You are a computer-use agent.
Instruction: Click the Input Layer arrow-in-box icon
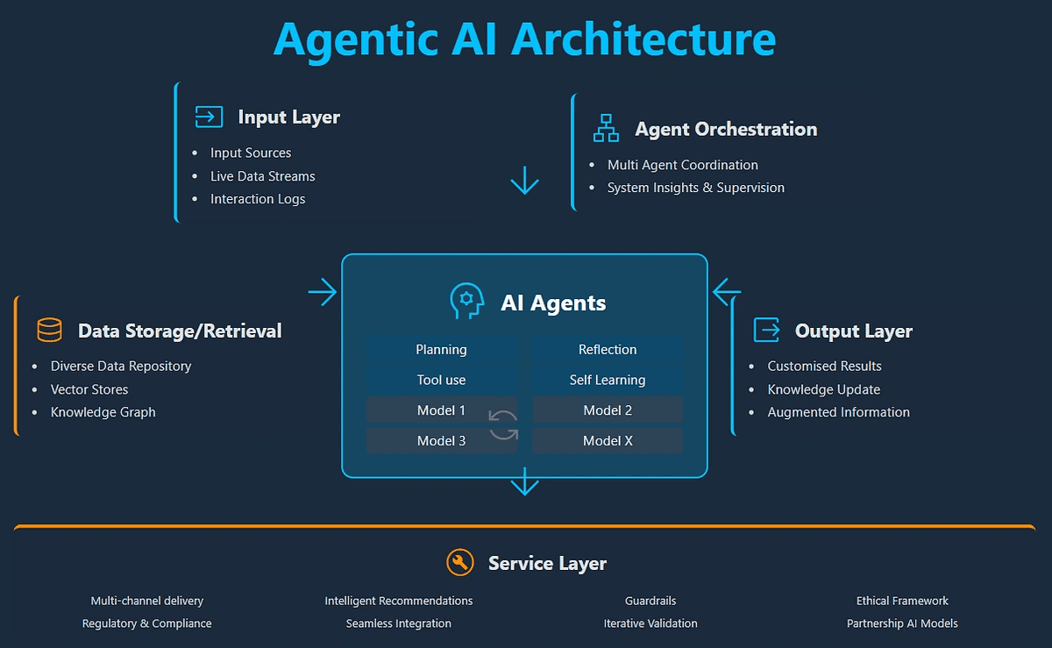(209, 117)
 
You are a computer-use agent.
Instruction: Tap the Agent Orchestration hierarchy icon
(606, 128)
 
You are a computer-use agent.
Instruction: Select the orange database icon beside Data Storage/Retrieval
(49, 331)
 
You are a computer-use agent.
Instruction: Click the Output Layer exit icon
(767, 330)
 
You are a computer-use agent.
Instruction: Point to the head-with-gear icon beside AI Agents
(466, 302)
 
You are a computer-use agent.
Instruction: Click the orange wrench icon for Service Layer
(460, 562)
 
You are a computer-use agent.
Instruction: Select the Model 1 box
(441, 410)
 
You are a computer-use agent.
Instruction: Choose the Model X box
(608, 441)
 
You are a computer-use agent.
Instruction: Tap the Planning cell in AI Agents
(441, 349)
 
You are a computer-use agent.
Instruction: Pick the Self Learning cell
(608, 380)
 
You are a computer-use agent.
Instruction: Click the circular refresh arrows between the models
(503, 425)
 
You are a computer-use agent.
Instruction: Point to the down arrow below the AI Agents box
(524, 481)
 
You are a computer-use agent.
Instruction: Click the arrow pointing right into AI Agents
(323, 292)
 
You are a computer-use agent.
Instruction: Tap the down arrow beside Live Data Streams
(524, 180)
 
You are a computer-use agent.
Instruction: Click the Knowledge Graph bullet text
(103, 412)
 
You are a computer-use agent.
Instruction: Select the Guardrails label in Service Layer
(650, 601)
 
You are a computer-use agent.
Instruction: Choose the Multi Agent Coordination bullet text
(682, 165)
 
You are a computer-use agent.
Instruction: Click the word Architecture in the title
(643, 39)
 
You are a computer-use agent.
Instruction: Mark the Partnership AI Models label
(902, 623)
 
